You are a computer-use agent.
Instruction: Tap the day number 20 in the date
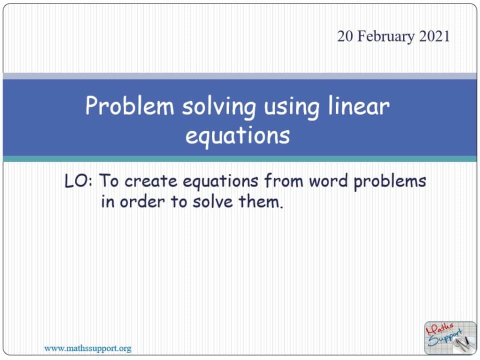point(344,36)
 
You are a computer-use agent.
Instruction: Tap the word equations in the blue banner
point(238,135)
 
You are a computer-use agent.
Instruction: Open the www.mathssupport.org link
point(88,348)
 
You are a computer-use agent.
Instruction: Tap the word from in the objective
point(283,181)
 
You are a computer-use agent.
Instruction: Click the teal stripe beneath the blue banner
point(240,159)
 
